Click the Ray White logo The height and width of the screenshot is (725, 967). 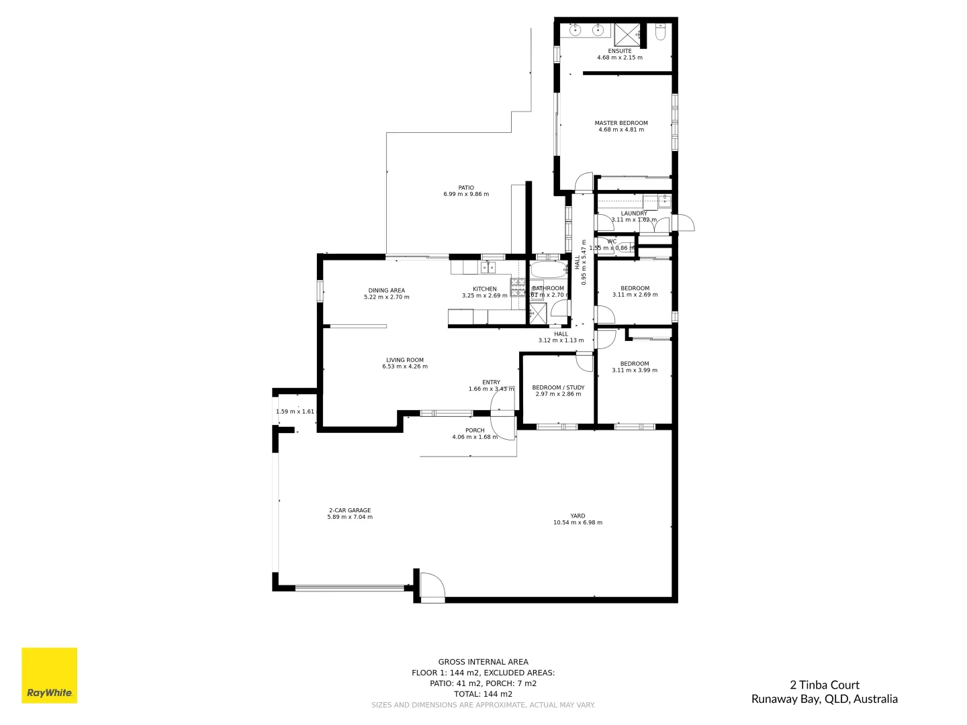point(49,675)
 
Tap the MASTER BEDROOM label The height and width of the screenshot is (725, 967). point(621,123)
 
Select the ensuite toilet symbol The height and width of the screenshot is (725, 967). point(659,33)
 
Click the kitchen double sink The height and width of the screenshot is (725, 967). point(488,268)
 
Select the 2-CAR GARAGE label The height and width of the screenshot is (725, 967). point(349,510)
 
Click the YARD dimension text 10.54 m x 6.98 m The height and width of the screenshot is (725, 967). point(578,522)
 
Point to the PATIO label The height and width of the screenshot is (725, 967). point(466,188)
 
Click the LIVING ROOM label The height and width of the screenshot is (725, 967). point(405,360)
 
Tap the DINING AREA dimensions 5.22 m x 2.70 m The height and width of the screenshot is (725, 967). point(386,297)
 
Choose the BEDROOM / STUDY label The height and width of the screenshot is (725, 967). point(558,387)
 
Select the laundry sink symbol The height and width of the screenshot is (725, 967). point(663,200)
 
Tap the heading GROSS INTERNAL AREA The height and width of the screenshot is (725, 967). point(483,662)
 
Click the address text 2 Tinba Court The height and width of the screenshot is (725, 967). point(824,685)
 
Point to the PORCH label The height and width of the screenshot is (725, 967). point(475,430)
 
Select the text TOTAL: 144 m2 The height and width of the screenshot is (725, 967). point(483,694)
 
